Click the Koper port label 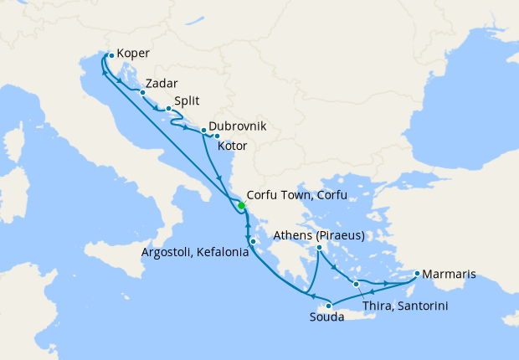coord(133,54)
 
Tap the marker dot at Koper coord(111,55)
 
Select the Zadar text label coord(161,84)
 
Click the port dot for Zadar coord(142,92)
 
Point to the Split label coord(188,100)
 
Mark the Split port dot coord(168,108)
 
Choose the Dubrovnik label coord(238,126)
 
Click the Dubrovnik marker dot coord(203,130)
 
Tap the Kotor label coord(232,146)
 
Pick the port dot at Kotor coord(216,136)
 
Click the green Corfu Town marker coord(241,206)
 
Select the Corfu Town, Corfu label coord(296,195)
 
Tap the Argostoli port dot coord(253,242)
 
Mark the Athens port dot coord(320,247)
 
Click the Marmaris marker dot coord(417,272)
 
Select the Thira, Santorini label coord(406,306)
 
